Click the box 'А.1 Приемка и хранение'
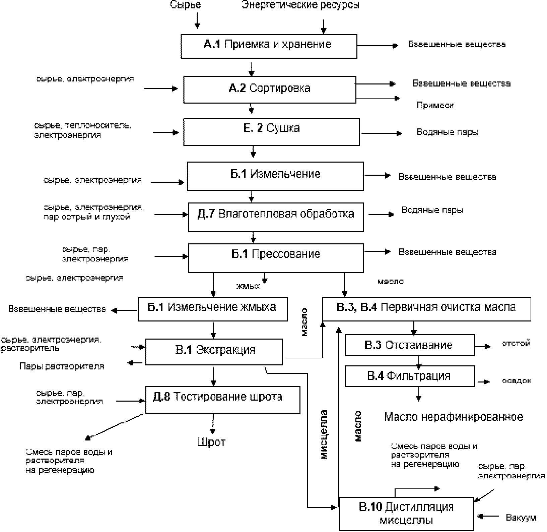[269, 46]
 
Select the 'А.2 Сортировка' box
[270, 89]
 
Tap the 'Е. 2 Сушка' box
[271, 131]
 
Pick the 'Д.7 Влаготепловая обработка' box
[276, 217]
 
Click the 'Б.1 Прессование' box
[276, 257]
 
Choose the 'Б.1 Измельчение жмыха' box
[212, 308]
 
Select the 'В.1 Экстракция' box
[214, 352]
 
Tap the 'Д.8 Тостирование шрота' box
[222, 399]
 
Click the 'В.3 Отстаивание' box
[409, 345]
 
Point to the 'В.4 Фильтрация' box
[409, 376]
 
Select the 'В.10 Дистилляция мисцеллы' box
[406, 513]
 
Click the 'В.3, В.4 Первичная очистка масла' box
[426, 308]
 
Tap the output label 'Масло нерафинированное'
[453, 417]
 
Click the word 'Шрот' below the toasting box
[212, 442]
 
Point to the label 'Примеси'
[435, 105]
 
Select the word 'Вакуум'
[521, 518]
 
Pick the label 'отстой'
[516, 344]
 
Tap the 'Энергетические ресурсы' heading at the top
[301, 5]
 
